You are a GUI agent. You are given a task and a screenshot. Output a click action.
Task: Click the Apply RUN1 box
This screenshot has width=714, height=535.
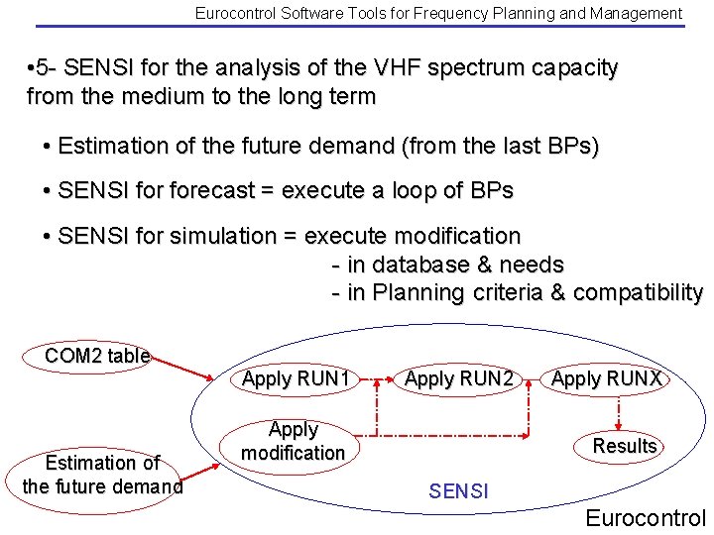(297, 378)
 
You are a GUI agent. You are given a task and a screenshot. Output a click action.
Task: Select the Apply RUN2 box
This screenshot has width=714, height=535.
(459, 378)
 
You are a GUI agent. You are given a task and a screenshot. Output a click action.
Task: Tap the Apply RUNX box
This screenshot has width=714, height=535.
(606, 378)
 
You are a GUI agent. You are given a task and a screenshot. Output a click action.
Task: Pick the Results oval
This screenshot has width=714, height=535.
(625, 446)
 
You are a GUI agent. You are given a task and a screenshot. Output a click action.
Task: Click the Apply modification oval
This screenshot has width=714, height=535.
(294, 441)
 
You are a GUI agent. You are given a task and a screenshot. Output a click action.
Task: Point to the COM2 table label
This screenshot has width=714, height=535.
(97, 356)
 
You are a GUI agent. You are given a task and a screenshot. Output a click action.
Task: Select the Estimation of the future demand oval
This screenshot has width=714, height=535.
(102, 475)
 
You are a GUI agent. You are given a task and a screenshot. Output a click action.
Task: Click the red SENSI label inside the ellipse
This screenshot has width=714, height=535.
(458, 489)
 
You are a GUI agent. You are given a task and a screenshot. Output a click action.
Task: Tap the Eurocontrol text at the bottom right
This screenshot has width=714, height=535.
(646, 517)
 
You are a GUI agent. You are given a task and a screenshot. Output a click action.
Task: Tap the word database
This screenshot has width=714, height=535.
(422, 265)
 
